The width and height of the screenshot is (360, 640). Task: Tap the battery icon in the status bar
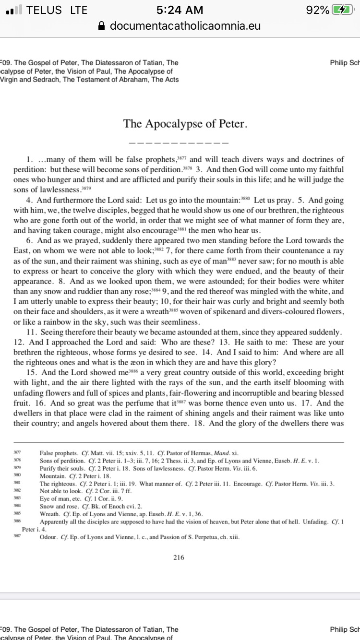coord(342,10)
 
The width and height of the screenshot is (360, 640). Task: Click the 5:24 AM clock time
coord(180,10)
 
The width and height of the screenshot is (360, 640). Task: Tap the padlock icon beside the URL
coord(101,26)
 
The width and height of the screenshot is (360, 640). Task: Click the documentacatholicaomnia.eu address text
coord(185,26)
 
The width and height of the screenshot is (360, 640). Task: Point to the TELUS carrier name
coord(44,10)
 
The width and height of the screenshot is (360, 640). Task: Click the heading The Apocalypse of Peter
coord(185,124)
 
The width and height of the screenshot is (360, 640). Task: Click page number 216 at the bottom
coord(179,557)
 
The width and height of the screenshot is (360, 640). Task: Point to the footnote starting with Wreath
coord(121,514)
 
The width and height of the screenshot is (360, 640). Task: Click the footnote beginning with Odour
coord(139,537)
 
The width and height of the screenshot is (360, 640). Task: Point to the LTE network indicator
coord(78,10)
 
